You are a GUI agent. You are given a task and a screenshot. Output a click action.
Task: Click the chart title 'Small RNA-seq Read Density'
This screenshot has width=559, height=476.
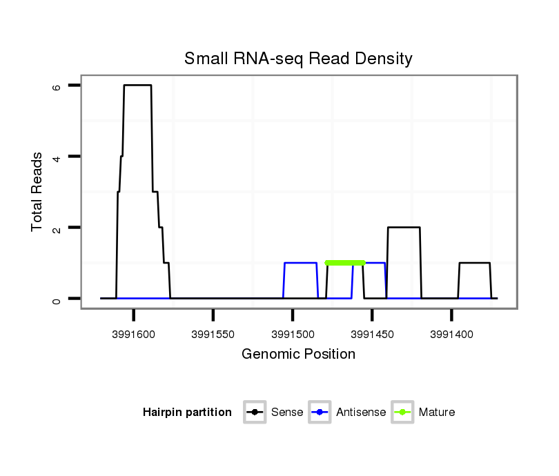[x=298, y=59]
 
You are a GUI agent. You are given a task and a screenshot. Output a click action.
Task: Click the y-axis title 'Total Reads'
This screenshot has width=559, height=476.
[x=37, y=192]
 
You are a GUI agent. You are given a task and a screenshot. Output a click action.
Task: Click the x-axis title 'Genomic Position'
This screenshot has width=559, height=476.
[x=298, y=355]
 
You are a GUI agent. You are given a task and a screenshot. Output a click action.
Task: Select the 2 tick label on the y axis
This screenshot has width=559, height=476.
[x=57, y=228]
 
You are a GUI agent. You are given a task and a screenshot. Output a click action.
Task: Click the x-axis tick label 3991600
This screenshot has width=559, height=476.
[x=134, y=334]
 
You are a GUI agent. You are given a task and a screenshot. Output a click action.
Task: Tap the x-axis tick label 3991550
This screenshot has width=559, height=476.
[x=213, y=334]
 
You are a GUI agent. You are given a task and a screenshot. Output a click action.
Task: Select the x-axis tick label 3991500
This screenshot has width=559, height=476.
[x=293, y=334]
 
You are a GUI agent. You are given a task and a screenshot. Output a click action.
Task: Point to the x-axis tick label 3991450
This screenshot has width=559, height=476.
[x=372, y=334]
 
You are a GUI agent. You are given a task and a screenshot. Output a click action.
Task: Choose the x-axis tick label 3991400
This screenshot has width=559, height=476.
[x=451, y=334]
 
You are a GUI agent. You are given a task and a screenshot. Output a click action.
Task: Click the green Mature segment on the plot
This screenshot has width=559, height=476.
[x=344, y=263]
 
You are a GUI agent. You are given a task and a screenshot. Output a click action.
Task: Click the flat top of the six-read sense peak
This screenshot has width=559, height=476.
[x=137, y=85]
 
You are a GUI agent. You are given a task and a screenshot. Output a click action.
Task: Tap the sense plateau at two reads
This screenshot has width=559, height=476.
[x=404, y=227]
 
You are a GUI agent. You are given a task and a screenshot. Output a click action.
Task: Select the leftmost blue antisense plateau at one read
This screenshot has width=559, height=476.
[x=300, y=263]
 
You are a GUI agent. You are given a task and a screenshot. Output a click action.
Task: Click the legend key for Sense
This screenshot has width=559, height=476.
[x=255, y=413]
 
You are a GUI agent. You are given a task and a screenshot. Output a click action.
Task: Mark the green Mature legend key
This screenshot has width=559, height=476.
[x=402, y=413]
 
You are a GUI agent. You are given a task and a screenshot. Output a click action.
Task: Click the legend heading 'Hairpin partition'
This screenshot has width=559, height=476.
[x=187, y=413]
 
